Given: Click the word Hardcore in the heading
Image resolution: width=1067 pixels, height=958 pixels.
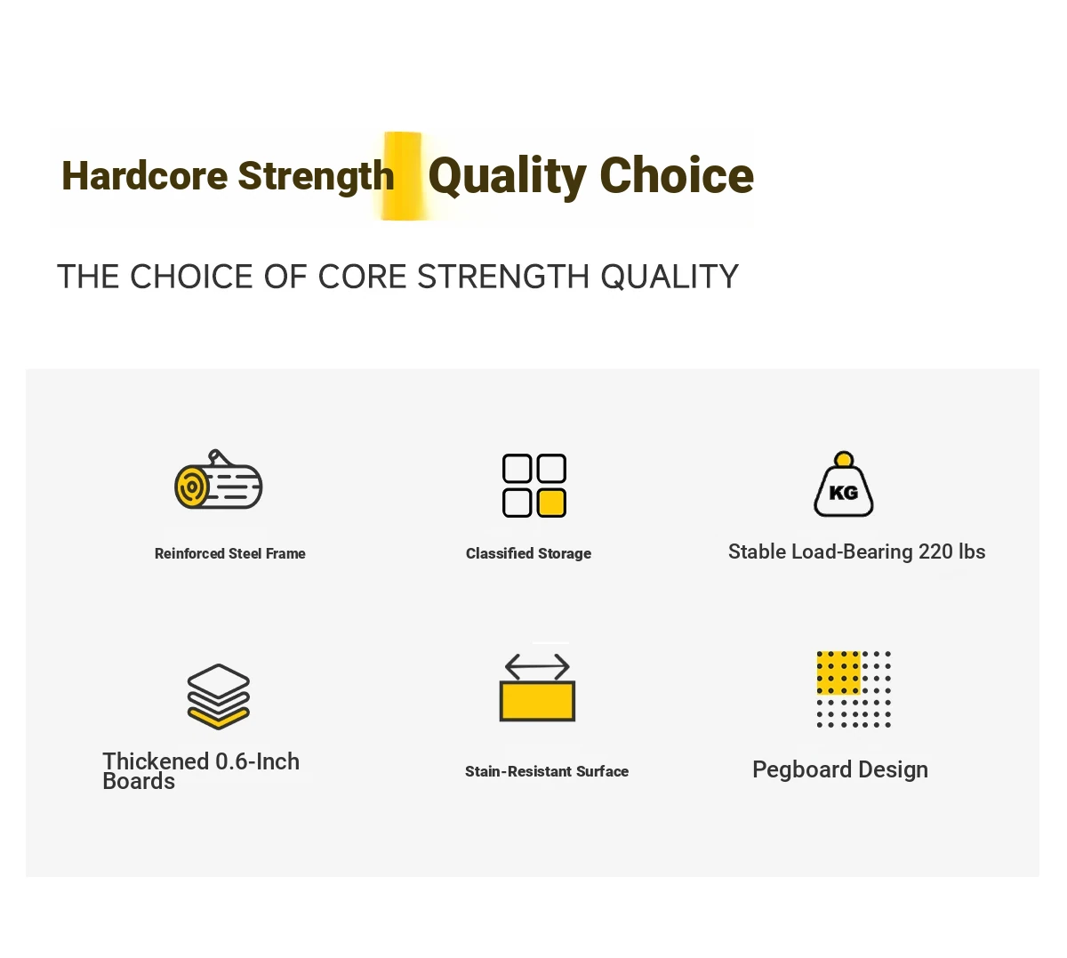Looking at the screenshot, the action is (x=144, y=176).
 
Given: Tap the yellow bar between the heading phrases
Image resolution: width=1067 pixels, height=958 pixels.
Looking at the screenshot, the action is (x=403, y=176).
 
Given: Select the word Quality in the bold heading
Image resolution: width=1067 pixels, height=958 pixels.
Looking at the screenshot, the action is (x=507, y=177).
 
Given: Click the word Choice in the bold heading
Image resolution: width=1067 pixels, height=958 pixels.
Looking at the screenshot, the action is (x=677, y=175).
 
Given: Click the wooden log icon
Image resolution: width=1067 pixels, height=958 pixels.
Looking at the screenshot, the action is (x=218, y=479).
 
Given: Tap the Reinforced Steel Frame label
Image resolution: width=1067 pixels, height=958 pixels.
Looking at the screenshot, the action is (x=229, y=553).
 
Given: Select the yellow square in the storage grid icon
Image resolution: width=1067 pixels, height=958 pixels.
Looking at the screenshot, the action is (x=551, y=503).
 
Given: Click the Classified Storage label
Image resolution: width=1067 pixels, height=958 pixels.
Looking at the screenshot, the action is (x=528, y=553).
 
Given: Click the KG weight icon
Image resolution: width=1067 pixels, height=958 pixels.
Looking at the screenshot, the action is (x=843, y=484).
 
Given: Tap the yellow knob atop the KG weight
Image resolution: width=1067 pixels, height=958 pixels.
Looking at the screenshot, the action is (x=844, y=460).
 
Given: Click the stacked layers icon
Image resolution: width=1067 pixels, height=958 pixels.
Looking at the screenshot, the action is (x=218, y=696).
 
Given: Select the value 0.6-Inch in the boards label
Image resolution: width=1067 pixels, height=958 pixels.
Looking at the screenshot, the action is (x=257, y=761).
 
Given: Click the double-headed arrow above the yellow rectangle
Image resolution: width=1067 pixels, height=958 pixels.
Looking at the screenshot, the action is (x=537, y=667).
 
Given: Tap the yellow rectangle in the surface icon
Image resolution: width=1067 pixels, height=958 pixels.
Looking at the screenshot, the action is (x=537, y=701).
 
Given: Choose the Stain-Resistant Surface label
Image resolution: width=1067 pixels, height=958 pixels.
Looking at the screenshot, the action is (x=547, y=771).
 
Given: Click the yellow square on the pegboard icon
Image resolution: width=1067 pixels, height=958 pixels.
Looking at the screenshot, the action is (x=838, y=673).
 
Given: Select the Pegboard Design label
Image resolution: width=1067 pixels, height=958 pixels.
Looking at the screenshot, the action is (x=840, y=770).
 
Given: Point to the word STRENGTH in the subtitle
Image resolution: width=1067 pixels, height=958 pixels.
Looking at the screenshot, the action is (x=503, y=277).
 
